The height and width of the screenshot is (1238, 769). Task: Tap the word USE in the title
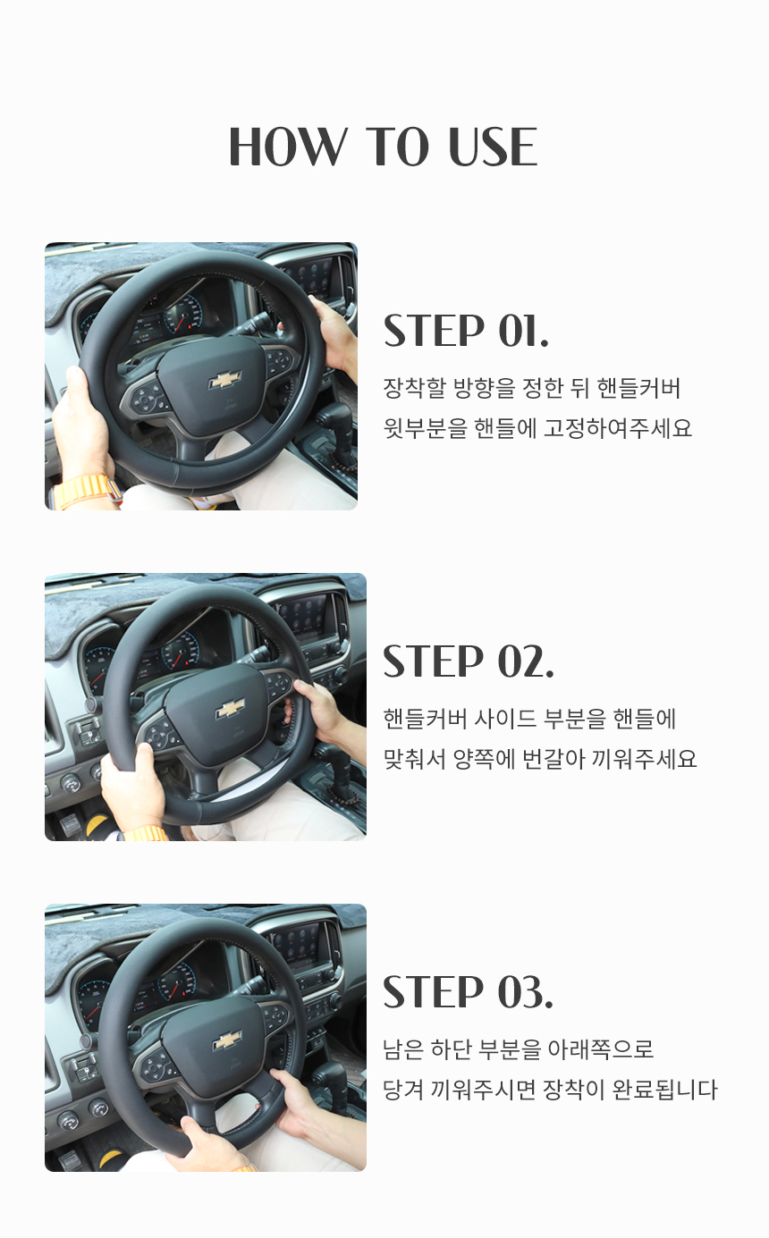(493, 147)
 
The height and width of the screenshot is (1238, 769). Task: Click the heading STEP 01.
(466, 331)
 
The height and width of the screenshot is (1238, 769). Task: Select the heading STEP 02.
(469, 661)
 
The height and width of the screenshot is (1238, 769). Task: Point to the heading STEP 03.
(468, 991)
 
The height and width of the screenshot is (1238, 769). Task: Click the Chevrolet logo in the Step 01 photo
(225, 380)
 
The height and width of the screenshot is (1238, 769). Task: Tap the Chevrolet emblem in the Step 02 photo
(230, 710)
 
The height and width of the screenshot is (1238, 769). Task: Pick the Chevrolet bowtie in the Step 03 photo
(227, 1040)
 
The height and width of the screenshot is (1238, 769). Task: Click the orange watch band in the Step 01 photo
(88, 492)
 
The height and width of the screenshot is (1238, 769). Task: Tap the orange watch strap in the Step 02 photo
(146, 833)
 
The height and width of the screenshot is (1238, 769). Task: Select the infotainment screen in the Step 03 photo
(305, 945)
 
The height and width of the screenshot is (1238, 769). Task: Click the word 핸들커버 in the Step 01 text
(638, 388)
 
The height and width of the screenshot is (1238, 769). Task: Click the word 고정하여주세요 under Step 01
(618, 428)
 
